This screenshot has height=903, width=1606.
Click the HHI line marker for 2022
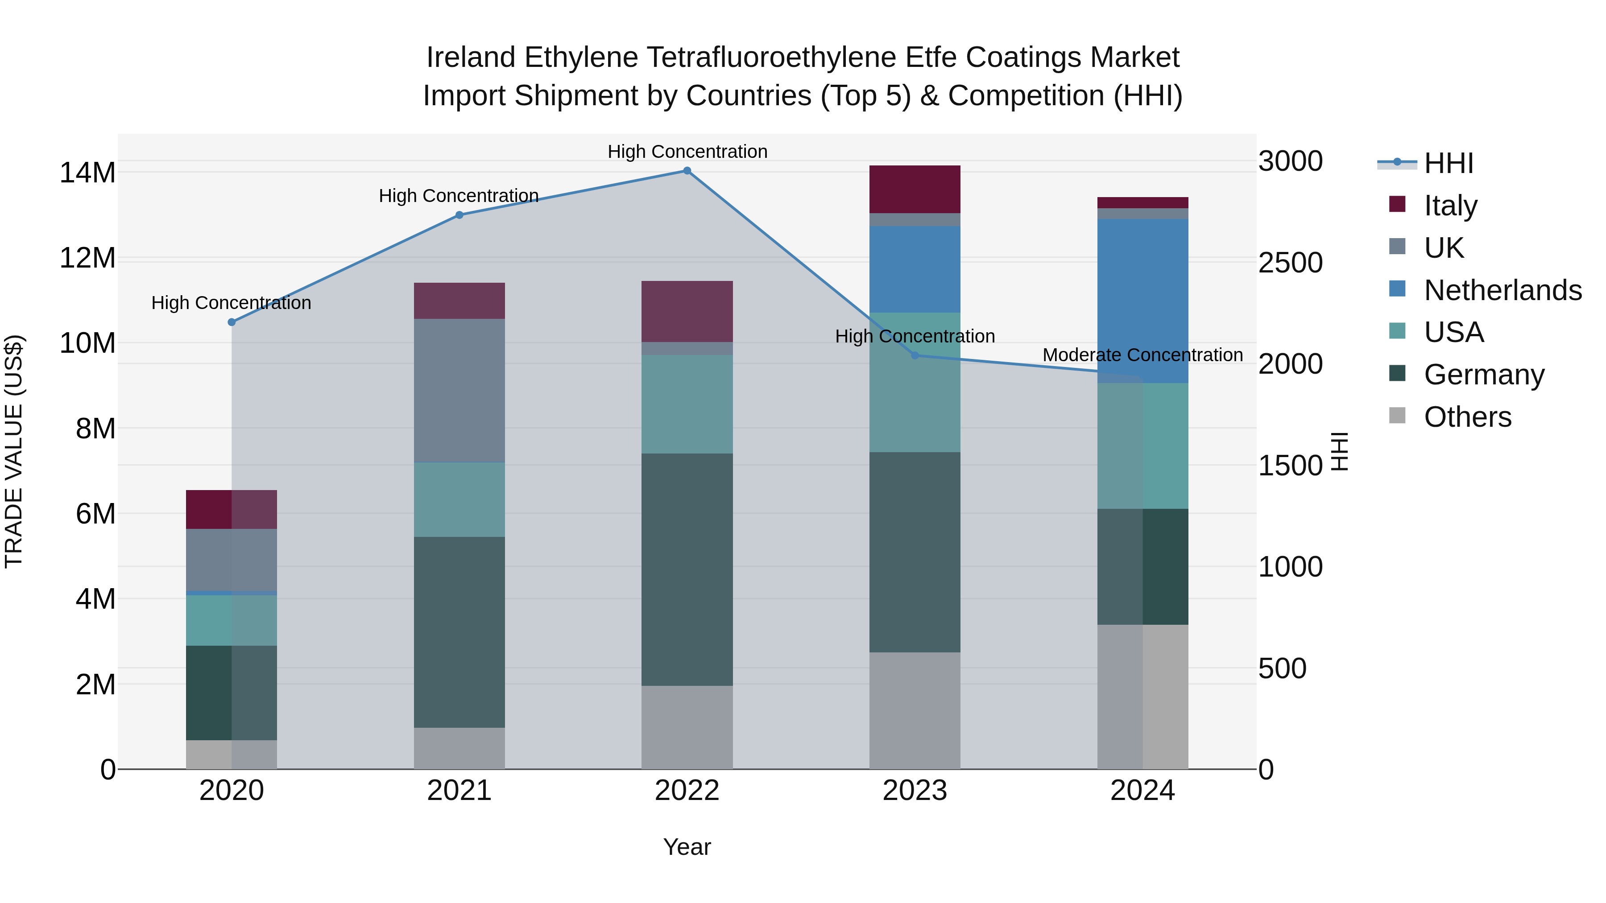[x=687, y=171]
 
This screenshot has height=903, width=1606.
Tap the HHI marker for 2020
[x=231, y=322]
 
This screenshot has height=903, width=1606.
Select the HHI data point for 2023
[x=915, y=355]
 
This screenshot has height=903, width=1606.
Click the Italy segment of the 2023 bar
[x=915, y=190]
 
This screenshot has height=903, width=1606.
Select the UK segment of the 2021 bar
[x=459, y=390]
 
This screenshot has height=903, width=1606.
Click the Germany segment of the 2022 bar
[x=687, y=569]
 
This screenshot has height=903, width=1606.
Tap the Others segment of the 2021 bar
[x=459, y=748]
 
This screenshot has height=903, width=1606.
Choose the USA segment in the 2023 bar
[x=915, y=382]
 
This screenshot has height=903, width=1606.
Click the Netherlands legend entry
[x=1503, y=290]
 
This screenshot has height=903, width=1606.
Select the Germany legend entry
[x=1484, y=375]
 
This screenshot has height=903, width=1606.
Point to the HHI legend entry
[x=1448, y=163]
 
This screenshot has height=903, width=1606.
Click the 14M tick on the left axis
[x=87, y=173]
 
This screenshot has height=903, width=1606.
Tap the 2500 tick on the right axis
[x=1290, y=262]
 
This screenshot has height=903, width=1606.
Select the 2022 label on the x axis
[x=687, y=791]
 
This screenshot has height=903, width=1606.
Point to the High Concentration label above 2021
[x=459, y=196]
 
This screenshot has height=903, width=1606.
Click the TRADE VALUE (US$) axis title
[x=14, y=451]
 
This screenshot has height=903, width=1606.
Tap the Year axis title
[x=687, y=847]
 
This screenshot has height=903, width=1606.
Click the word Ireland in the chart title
[x=471, y=58]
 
